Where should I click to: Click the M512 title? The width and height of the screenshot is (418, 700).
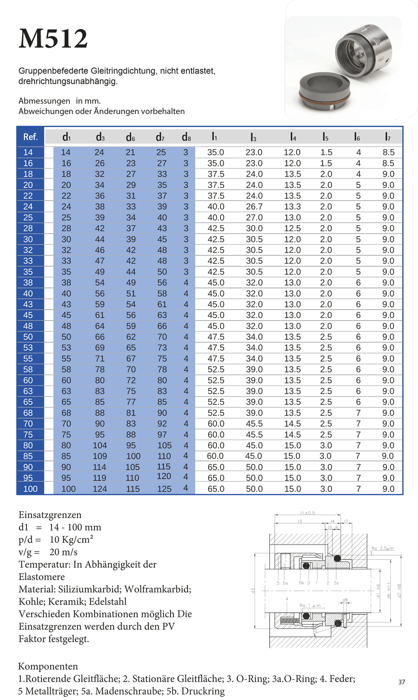[x=53, y=38]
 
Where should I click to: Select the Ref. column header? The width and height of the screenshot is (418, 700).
[x=30, y=137]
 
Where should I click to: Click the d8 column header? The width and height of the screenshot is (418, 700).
[x=186, y=137]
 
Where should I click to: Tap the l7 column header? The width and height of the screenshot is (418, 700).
[x=387, y=137]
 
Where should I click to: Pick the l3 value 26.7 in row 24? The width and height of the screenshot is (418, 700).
[x=254, y=206]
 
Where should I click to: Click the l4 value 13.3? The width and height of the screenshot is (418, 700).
[x=292, y=206]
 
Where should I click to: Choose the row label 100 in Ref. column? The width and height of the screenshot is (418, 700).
[x=30, y=489]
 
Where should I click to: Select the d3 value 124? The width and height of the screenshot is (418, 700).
[x=99, y=489]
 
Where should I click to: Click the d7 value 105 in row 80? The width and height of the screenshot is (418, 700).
[x=164, y=445]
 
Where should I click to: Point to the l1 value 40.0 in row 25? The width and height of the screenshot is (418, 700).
[x=216, y=217]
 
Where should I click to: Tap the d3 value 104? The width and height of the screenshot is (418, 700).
[x=99, y=445]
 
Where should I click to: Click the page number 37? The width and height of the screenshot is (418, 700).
[x=401, y=682]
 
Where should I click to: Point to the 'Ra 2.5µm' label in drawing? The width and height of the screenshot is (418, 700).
[x=382, y=548]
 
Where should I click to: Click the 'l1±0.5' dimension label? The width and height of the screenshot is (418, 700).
[x=307, y=513]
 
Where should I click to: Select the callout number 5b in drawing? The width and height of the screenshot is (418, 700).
[x=301, y=583]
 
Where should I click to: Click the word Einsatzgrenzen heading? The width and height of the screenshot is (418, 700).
[x=50, y=515]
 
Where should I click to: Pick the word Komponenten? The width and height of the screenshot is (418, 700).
[x=48, y=666]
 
